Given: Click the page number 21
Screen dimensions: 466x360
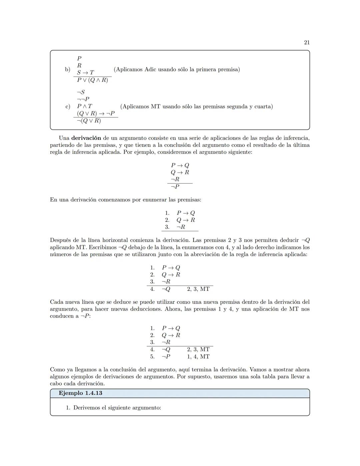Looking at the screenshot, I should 307,42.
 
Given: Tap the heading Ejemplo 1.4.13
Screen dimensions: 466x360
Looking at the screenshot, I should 80,393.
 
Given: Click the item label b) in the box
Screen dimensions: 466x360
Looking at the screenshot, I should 68,69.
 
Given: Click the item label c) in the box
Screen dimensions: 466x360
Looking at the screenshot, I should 68,106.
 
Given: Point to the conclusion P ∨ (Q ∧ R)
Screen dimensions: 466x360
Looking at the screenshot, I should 92,80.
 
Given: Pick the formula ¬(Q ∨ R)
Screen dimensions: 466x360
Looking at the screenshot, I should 89,121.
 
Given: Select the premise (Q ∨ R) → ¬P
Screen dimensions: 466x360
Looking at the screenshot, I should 96,113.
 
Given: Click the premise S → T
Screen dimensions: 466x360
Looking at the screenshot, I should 85,72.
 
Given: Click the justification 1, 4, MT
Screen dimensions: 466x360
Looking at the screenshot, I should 198,356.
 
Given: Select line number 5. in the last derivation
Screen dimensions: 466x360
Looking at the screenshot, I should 152,356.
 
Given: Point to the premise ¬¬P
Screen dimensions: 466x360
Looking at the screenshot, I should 83,99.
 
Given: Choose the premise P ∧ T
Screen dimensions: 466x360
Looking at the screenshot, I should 84,106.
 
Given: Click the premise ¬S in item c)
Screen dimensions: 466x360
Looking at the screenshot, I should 81,92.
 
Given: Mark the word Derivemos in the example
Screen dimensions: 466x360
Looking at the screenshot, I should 88,408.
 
